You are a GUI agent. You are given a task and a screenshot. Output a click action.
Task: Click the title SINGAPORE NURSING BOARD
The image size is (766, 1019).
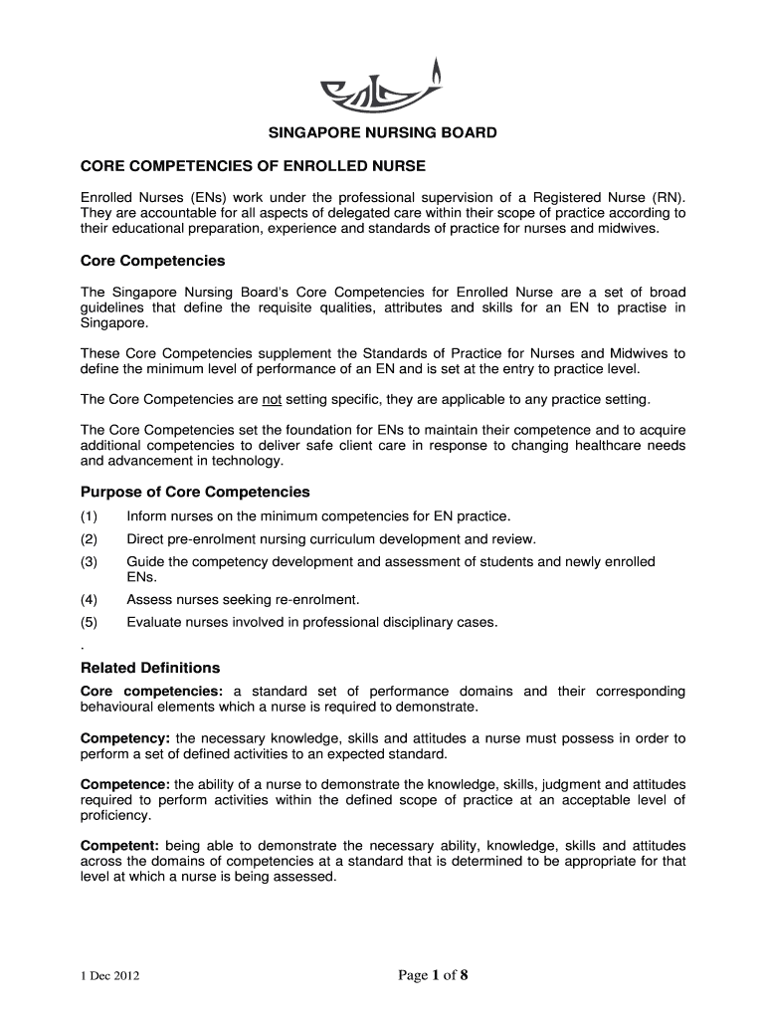383,132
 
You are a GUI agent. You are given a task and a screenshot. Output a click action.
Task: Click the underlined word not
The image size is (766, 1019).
272,400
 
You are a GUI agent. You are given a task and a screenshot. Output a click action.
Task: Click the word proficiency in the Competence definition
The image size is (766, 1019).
115,815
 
